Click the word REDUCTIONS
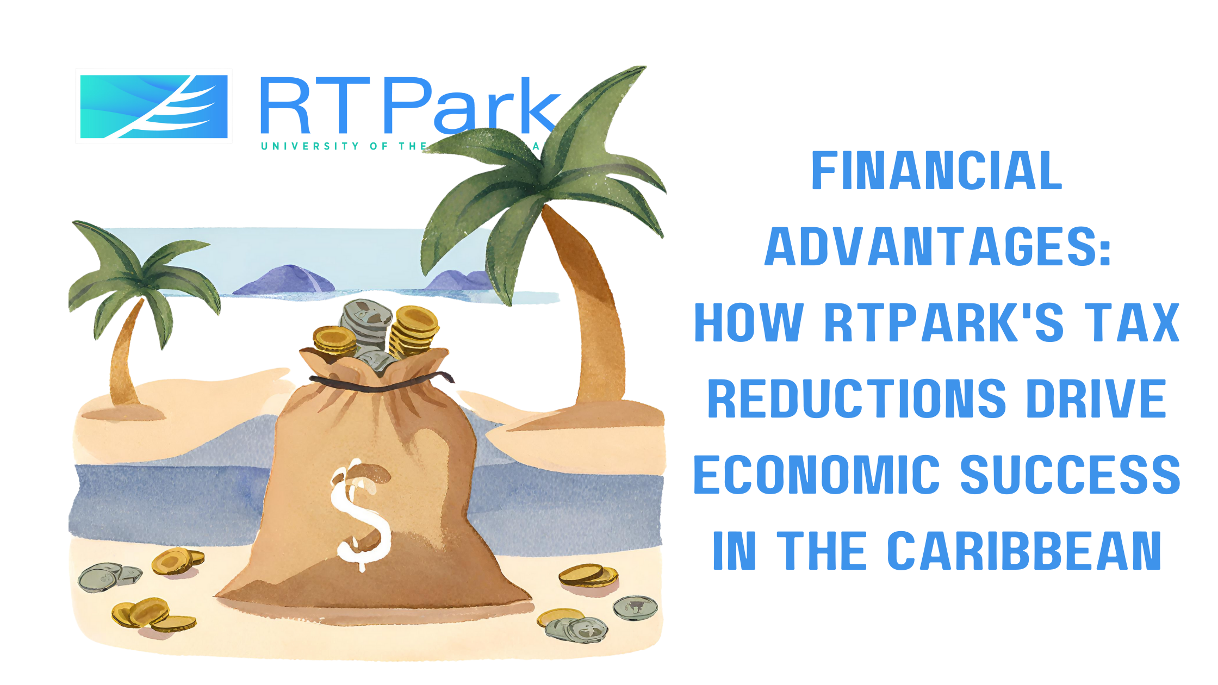(x=857, y=399)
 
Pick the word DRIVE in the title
(x=1096, y=399)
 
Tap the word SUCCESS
(x=1070, y=475)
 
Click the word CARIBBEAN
(x=1024, y=551)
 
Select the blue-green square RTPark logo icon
(x=154, y=107)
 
